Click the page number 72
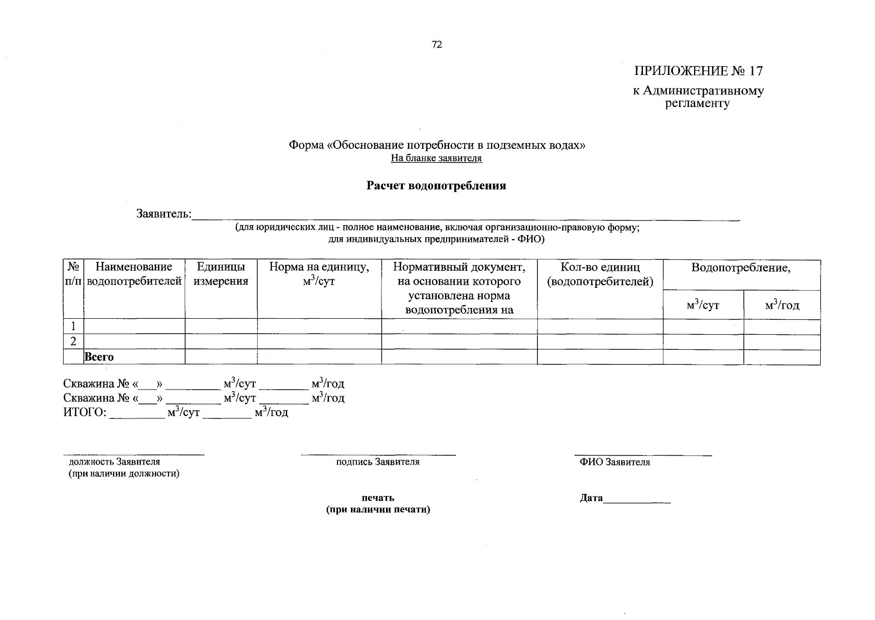click(x=437, y=44)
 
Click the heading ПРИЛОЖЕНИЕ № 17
click(x=698, y=71)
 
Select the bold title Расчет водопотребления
click(x=436, y=186)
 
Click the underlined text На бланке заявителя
click(x=436, y=158)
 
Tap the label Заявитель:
click(x=164, y=213)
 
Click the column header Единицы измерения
click(x=221, y=274)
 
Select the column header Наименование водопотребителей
click(x=134, y=274)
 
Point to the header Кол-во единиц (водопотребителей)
click(x=600, y=274)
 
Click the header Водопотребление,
click(x=741, y=268)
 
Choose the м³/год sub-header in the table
click(x=782, y=305)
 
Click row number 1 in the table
click(x=73, y=326)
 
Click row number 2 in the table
click(x=73, y=341)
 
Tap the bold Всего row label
click(x=99, y=357)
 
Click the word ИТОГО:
click(x=85, y=412)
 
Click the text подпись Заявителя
click(x=377, y=462)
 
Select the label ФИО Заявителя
click(x=615, y=462)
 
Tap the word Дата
click(x=591, y=498)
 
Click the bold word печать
click(x=378, y=498)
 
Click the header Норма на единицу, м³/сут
click(x=319, y=274)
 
